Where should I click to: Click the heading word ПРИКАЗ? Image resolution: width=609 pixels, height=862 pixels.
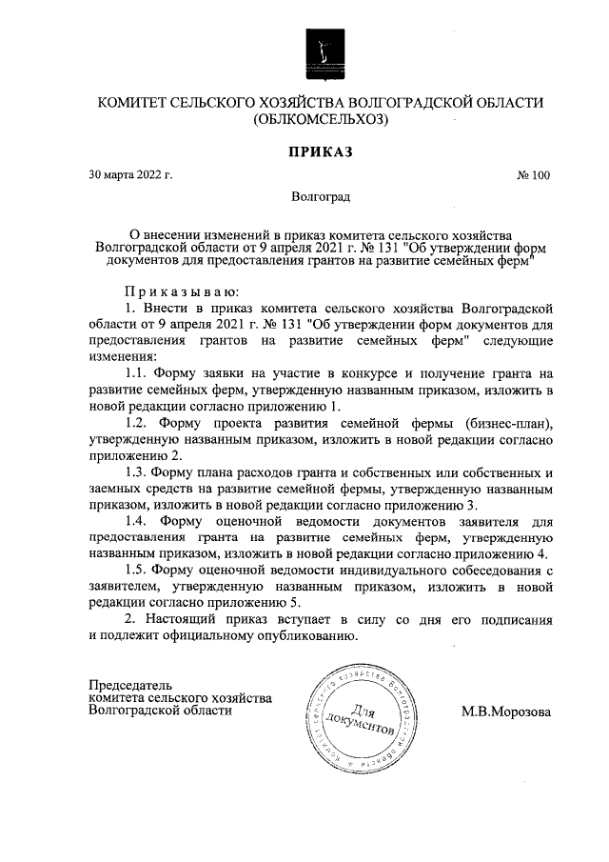(322, 150)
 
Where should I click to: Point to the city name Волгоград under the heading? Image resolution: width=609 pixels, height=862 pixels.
(322, 197)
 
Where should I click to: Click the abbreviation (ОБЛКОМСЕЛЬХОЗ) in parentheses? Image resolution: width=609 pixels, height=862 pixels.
(322, 120)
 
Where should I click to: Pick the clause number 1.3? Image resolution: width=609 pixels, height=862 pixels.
(138, 473)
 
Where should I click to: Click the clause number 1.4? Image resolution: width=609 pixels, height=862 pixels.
(139, 521)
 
